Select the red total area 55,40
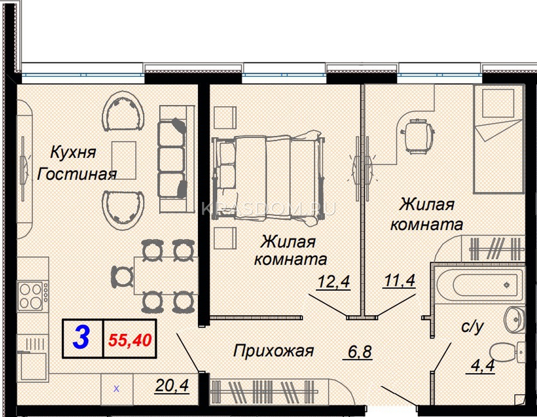[130, 340]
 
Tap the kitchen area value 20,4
[172, 385]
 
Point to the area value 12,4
[334, 281]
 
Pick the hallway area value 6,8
[359, 352]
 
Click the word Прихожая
[273, 351]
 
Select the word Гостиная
[77, 174]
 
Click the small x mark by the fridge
[116, 389]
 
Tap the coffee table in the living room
[124, 160]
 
